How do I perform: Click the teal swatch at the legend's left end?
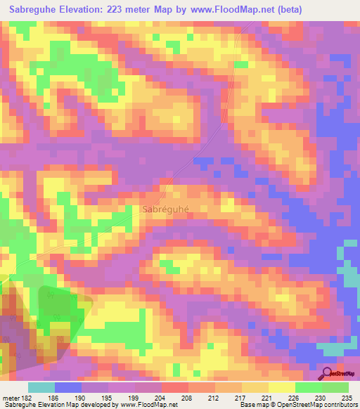[41, 387]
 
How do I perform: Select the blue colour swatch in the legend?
[68, 387]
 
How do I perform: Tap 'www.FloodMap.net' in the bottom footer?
[147, 405]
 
